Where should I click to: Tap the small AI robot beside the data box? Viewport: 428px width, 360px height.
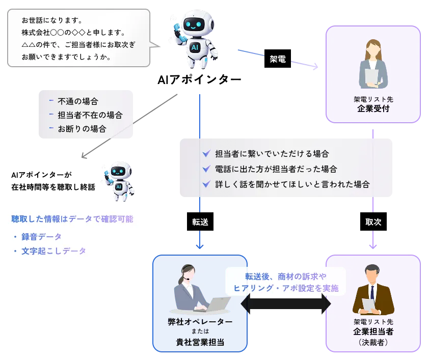119,181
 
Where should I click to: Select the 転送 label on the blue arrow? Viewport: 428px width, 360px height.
200,222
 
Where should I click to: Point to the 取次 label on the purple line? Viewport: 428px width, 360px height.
373,222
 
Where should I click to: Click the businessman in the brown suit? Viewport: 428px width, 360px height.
372,291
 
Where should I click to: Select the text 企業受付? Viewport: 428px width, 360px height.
373,108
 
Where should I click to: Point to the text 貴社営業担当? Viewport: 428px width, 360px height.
200,342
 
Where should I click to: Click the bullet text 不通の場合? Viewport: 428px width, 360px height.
77,101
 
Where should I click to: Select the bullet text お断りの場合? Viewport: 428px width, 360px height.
82,129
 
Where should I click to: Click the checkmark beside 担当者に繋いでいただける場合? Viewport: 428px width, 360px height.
206,153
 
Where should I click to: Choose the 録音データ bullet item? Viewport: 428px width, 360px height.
41,236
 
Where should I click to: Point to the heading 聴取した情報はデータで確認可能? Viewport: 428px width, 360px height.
72,219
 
